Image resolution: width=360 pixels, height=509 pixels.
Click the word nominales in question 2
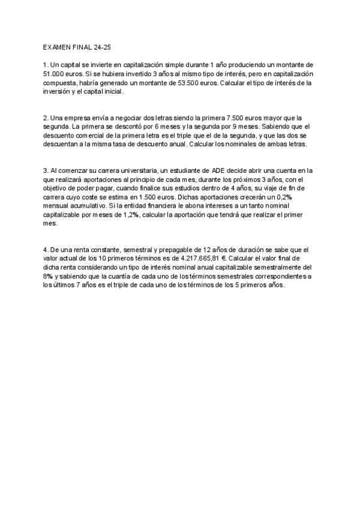click(248, 145)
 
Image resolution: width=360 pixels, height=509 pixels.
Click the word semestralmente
click(286, 268)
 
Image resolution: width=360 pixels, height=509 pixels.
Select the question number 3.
click(45, 171)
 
